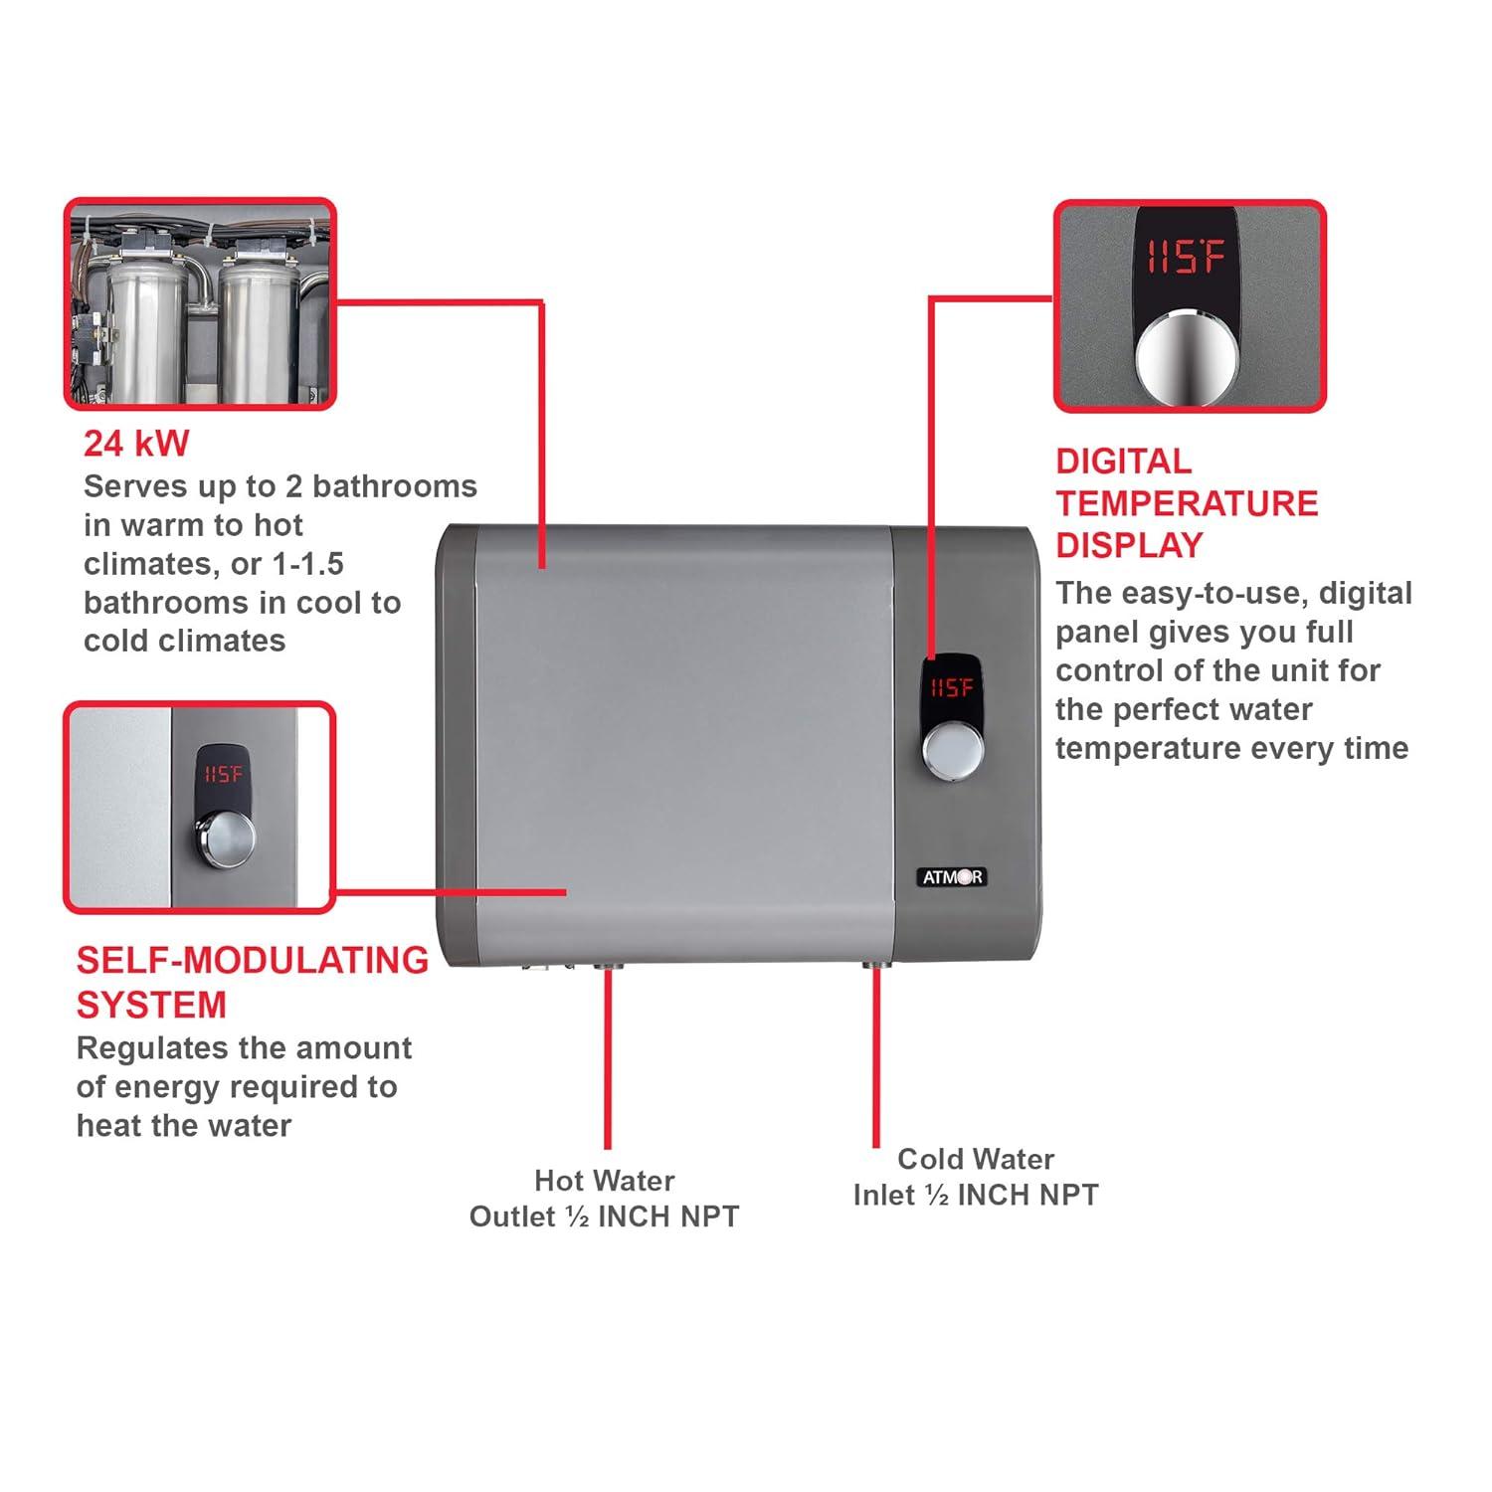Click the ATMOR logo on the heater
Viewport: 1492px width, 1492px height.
click(x=952, y=876)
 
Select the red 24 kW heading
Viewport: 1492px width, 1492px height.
click(x=135, y=444)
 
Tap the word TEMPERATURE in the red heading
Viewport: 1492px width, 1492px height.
click(x=1187, y=503)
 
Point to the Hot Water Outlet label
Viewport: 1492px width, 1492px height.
click(x=604, y=1199)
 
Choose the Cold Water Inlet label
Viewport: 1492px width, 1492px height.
click(x=976, y=1177)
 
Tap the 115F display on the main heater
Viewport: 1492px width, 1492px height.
click(x=952, y=687)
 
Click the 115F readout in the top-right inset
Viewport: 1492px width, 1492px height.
click(x=1185, y=259)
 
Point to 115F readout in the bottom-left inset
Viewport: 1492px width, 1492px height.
click(x=223, y=774)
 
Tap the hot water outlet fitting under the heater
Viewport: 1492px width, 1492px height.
click(x=606, y=967)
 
